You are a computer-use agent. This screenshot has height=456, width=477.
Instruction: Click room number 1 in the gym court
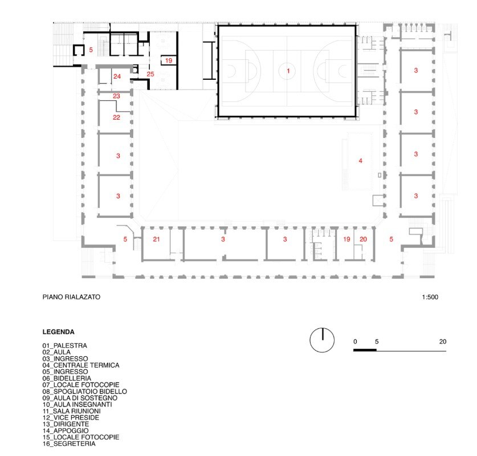[288, 71]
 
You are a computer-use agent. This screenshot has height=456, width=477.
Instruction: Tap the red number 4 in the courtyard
[361, 161]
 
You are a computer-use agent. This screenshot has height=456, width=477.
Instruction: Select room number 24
[117, 76]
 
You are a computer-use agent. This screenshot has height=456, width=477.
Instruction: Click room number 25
[150, 74]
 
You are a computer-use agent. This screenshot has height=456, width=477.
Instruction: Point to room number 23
[116, 96]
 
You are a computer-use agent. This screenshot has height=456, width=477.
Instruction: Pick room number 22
[116, 117]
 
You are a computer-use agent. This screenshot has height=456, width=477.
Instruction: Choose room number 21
[156, 239]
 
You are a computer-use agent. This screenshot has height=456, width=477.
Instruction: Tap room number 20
[363, 239]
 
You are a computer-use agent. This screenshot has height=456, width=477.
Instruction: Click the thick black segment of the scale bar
[365, 350]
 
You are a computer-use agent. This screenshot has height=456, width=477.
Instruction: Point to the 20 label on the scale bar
[443, 341]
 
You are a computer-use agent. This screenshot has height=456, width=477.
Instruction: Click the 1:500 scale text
[430, 297]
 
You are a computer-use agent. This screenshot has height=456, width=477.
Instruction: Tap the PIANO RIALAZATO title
[71, 297]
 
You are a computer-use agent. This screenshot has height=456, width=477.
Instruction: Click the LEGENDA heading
[58, 332]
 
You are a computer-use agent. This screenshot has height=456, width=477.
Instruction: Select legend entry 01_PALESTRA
[65, 345]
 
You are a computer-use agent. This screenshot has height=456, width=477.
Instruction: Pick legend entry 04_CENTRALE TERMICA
[81, 365]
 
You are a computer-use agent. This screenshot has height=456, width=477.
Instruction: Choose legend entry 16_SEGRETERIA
[69, 443]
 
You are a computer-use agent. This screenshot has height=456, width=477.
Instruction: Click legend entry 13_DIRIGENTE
[66, 424]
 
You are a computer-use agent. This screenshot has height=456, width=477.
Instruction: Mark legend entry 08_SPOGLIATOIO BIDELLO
[84, 391]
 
